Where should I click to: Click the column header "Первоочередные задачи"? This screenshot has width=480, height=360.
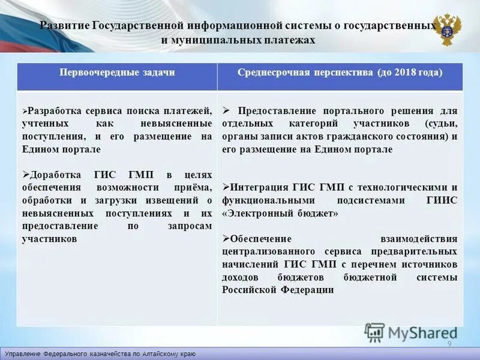(117, 73)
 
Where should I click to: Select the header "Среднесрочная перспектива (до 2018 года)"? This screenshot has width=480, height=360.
(340, 73)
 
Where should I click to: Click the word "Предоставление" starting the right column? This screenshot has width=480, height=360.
(272, 111)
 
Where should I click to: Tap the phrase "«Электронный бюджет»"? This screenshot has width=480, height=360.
(280, 213)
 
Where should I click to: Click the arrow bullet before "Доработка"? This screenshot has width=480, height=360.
(25, 175)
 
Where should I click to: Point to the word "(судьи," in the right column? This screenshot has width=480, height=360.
(441, 124)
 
